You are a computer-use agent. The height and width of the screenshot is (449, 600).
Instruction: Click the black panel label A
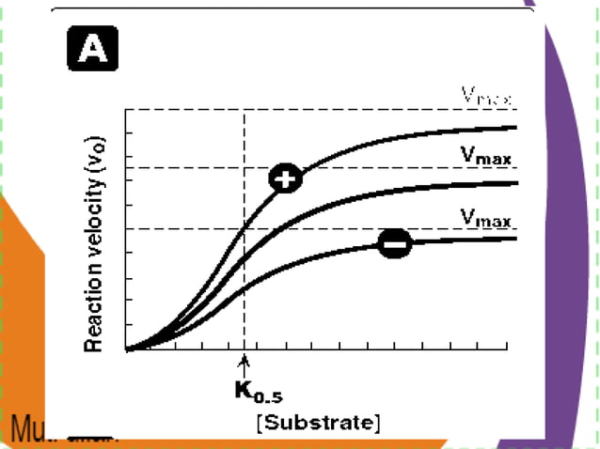coord(92,47)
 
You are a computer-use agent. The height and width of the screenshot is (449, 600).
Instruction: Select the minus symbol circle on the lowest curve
coord(395,244)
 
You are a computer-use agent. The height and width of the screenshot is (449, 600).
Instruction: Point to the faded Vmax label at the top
coord(488,95)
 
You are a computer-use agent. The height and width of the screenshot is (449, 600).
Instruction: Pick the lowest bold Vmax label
coord(486,219)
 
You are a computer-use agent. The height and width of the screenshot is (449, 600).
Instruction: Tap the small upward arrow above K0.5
coord(245,364)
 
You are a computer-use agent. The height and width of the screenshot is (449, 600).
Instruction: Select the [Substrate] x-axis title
coord(319,422)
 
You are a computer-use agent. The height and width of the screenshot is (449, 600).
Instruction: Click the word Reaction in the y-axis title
coord(94,315)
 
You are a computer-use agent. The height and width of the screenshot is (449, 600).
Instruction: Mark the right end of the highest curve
coord(515,127)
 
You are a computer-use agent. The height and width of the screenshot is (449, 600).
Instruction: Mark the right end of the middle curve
coord(515,183)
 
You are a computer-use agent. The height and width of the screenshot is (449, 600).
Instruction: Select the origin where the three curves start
coord(127,349)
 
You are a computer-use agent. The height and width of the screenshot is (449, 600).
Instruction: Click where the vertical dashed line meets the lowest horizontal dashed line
coord(245,228)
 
